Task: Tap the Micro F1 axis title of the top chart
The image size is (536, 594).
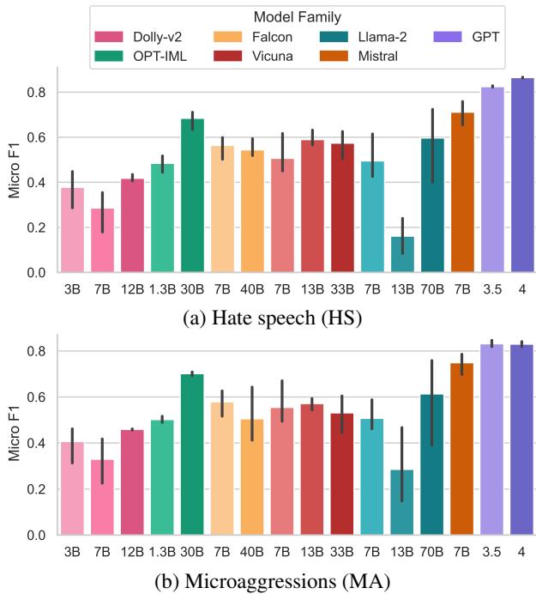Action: click(x=14, y=171)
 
